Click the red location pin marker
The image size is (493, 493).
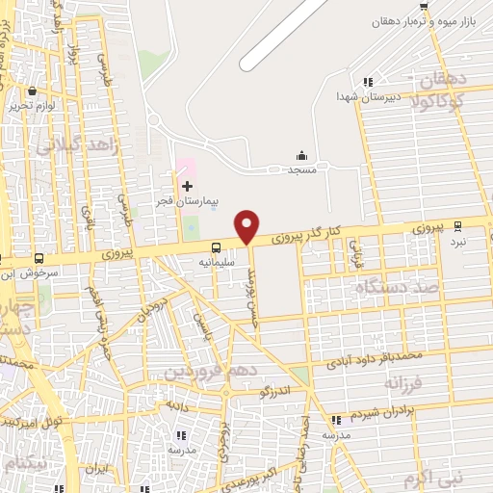point(247,225)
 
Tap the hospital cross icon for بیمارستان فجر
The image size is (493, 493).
point(187,185)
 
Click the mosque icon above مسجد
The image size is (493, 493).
point(301,155)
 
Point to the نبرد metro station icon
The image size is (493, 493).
point(458,226)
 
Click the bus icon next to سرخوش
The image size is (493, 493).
point(39,258)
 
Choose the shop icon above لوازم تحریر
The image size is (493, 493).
point(33,91)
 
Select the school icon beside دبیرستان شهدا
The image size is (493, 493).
point(367,83)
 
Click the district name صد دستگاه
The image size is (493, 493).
point(396,287)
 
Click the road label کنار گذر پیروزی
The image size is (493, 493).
point(306,232)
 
